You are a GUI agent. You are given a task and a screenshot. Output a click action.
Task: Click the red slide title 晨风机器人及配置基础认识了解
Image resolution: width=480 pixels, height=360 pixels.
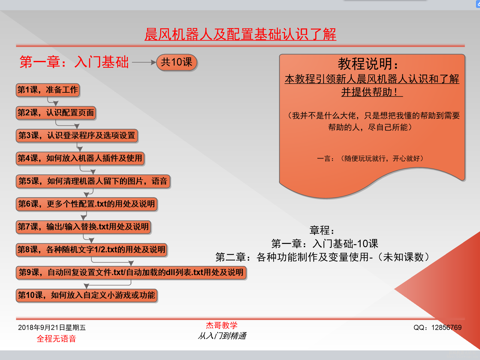[x=240, y=34]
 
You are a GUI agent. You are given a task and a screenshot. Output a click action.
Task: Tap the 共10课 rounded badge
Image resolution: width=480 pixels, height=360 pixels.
[x=177, y=62]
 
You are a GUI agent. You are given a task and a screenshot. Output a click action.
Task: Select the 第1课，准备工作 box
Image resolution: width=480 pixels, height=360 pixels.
[x=48, y=90]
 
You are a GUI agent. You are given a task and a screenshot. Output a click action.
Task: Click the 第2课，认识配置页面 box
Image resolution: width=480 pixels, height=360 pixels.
[x=56, y=113]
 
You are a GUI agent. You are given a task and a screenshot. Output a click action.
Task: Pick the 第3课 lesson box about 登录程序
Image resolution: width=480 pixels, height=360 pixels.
[x=77, y=136]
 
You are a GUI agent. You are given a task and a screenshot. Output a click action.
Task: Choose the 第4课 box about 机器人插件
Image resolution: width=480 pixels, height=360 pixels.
[x=80, y=158]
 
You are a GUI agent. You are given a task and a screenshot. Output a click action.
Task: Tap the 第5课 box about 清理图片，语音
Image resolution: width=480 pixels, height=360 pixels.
[x=93, y=181]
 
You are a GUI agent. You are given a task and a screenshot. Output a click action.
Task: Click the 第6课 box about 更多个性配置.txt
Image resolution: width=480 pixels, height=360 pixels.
[x=86, y=204]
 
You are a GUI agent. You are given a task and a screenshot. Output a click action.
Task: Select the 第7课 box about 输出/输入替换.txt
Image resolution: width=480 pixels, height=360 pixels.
[x=83, y=227]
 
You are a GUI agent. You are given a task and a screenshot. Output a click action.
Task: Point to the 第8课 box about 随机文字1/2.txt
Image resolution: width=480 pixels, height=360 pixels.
[x=91, y=250]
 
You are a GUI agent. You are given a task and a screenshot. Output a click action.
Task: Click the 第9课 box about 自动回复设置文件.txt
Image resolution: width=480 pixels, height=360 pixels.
[x=131, y=272]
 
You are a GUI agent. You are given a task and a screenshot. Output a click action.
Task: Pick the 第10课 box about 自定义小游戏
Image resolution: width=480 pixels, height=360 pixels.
[x=86, y=295]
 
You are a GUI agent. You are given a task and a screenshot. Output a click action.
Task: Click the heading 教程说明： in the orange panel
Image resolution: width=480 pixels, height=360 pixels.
[x=368, y=64]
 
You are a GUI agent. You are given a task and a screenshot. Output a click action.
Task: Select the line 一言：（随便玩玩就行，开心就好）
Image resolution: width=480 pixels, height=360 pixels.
[x=370, y=158]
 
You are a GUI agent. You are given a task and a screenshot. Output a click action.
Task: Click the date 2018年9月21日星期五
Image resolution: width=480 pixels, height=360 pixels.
[x=52, y=328]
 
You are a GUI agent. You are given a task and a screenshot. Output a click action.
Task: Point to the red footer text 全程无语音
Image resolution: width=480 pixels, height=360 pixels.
[x=56, y=339]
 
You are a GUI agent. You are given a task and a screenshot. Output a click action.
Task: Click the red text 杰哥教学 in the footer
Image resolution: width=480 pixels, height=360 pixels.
[x=222, y=325]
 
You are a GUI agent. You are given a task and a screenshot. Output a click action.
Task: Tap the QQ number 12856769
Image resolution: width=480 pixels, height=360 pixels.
[x=446, y=328]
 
